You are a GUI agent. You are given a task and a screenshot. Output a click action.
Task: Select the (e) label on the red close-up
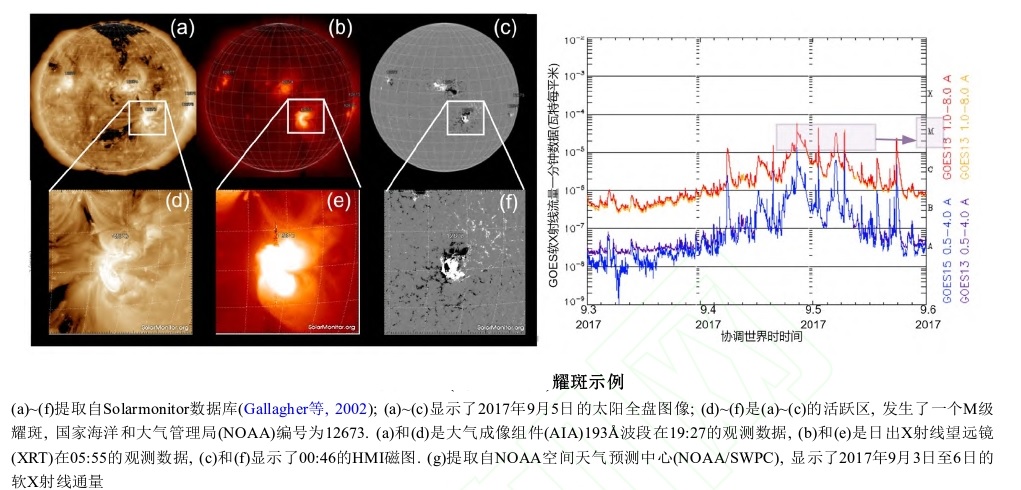[x=339, y=201]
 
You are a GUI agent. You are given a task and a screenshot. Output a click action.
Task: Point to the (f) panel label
[x=503, y=201]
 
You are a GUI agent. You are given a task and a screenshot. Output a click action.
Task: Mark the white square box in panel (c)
[x=465, y=116]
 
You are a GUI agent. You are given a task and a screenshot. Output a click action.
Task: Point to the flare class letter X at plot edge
[x=931, y=95]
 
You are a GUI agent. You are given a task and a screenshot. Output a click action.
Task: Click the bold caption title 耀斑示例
[x=588, y=381]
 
